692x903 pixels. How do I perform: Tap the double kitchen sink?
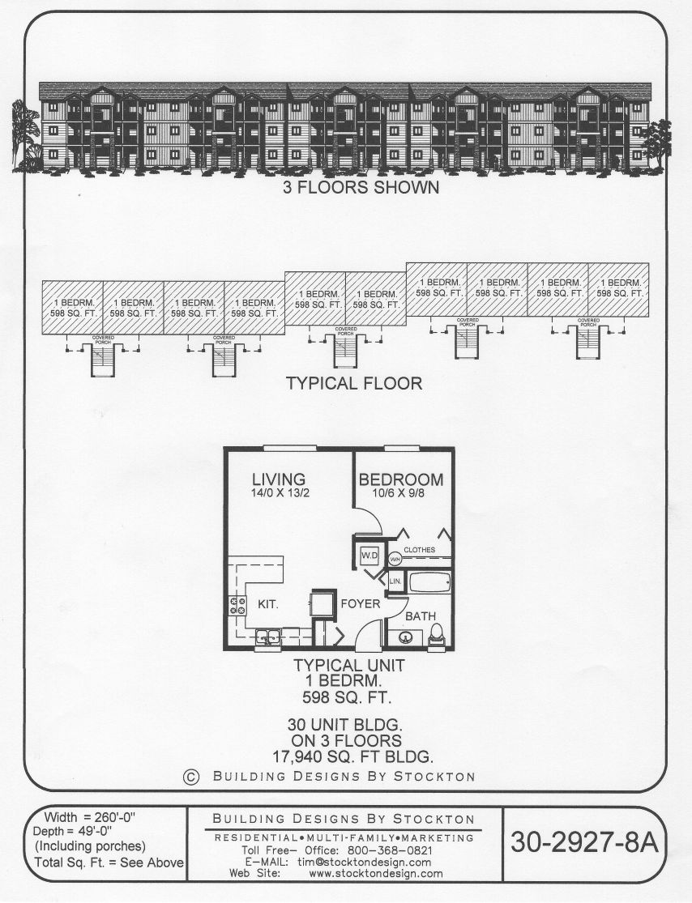pyautogui.click(x=268, y=637)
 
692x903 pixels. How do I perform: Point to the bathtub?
pyautogui.click(x=429, y=583)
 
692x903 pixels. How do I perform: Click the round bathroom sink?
pyautogui.click(x=406, y=637)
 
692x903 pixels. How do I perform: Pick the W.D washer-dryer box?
pyautogui.click(x=369, y=556)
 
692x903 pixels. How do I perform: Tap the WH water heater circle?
pyautogui.click(x=395, y=559)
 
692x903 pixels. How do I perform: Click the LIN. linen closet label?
pyautogui.click(x=395, y=581)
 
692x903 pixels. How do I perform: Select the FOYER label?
pyautogui.click(x=360, y=603)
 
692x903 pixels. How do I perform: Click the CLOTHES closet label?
pyautogui.click(x=420, y=549)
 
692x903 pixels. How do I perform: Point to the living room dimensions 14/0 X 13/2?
pyautogui.click(x=280, y=493)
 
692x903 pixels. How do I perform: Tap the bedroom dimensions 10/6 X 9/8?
pyautogui.click(x=398, y=493)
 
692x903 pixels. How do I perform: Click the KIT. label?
pyautogui.click(x=267, y=604)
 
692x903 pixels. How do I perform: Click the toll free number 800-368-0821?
pyautogui.click(x=390, y=850)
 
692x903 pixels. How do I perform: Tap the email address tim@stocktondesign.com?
pyautogui.click(x=364, y=862)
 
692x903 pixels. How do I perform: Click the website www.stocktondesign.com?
pyautogui.click(x=376, y=873)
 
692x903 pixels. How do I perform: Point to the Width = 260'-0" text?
pyautogui.click(x=89, y=816)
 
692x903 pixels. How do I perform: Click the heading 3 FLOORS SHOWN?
pyautogui.click(x=361, y=187)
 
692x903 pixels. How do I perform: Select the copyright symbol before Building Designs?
pyautogui.click(x=191, y=777)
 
